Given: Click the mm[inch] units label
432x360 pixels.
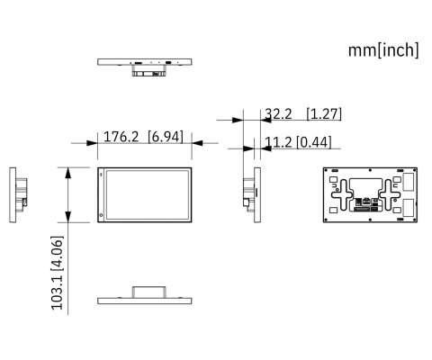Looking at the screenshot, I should coord(383,50).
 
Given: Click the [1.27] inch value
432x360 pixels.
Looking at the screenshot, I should coord(323,113).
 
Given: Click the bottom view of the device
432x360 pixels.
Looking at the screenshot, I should coord(147,298).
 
